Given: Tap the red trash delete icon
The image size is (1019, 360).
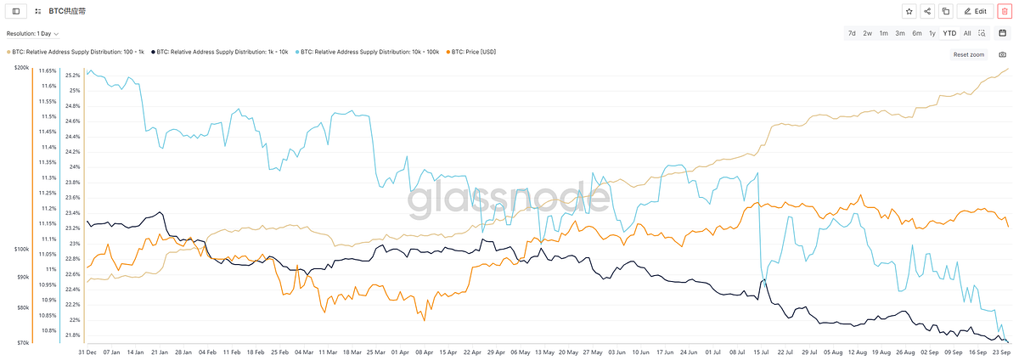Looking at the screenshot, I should [x=1004, y=11].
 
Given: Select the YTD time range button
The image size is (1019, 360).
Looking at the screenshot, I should [x=949, y=33].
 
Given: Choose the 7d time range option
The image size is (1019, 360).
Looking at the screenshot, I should [x=852, y=33].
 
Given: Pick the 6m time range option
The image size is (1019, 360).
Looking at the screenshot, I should [x=916, y=33].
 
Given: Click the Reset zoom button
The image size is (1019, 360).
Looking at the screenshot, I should [x=968, y=54].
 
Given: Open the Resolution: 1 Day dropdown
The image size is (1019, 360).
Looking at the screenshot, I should [x=33, y=34].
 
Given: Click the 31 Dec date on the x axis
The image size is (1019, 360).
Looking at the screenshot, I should [x=87, y=351].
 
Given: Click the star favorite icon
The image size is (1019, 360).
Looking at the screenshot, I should [x=909, y=11].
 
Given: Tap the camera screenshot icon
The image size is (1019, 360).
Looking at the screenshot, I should [x=1003, y=54].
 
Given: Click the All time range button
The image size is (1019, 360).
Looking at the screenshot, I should [x=967, y=33].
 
